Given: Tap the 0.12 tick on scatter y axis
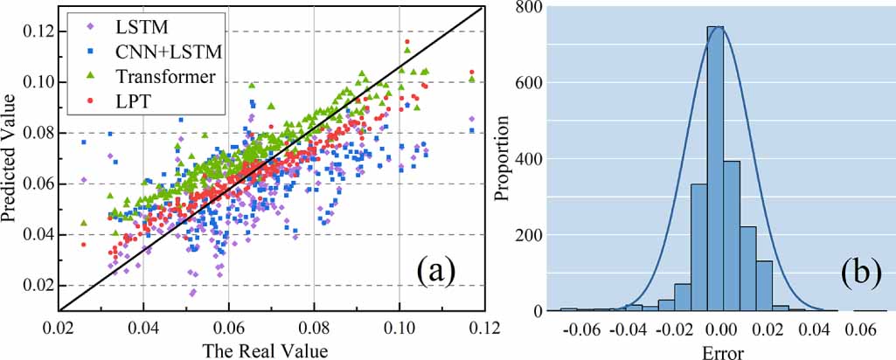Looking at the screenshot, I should click(x=38, y=31).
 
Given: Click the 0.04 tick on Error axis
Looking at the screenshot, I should click(x=816, y=331).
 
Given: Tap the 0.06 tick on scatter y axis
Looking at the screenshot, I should click(x=38, y=184).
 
